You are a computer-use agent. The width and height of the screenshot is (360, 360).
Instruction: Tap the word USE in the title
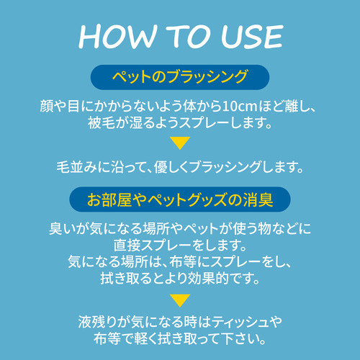click(252, 37)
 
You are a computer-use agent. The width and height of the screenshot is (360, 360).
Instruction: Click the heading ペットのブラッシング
click(180, 77)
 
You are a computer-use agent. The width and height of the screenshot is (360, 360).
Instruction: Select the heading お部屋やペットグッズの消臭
click(180, 199)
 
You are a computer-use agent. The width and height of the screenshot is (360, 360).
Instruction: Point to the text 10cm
click(240, 107)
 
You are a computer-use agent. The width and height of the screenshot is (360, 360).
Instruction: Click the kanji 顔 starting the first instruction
click(47, 106)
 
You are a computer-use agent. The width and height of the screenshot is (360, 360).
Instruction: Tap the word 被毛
click(101, 122)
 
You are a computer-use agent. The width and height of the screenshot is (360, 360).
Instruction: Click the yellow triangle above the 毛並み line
click(180, 143)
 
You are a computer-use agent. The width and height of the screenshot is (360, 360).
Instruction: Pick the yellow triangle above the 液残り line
click(180, 300)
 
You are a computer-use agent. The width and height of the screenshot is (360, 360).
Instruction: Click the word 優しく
click(171, 167)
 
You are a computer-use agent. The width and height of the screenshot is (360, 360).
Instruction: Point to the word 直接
click(127, 245)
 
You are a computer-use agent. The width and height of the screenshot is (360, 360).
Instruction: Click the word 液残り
click(98, 322)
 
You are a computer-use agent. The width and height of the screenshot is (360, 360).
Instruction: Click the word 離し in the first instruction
click(298, 106)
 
